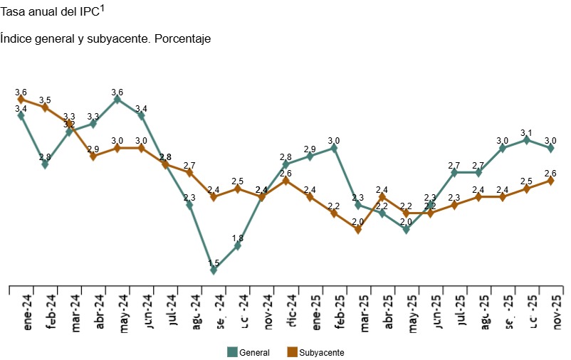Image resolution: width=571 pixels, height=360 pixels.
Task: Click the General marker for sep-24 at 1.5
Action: (214, 270)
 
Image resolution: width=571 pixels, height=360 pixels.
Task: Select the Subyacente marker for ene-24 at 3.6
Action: (21, 100)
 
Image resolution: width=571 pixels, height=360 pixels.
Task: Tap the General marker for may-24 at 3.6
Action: (117, 100)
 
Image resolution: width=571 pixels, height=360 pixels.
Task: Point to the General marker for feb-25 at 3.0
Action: (334, 148)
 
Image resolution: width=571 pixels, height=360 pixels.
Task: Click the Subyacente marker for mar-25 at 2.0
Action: (358, 229)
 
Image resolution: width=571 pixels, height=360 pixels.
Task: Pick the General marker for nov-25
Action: (550, 148)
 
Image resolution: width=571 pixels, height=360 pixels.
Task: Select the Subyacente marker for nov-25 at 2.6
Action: (550, 181)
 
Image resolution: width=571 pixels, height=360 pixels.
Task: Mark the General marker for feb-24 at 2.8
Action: (46, 164)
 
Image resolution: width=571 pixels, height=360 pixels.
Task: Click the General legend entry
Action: (248, 352)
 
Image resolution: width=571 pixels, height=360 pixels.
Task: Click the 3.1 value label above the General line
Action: (526, 132)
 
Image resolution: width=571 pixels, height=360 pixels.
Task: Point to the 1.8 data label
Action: (238, 238)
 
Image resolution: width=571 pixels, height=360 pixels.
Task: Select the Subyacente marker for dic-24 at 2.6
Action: (285, 181)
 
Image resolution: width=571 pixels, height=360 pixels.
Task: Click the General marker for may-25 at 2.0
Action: (406, 229)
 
